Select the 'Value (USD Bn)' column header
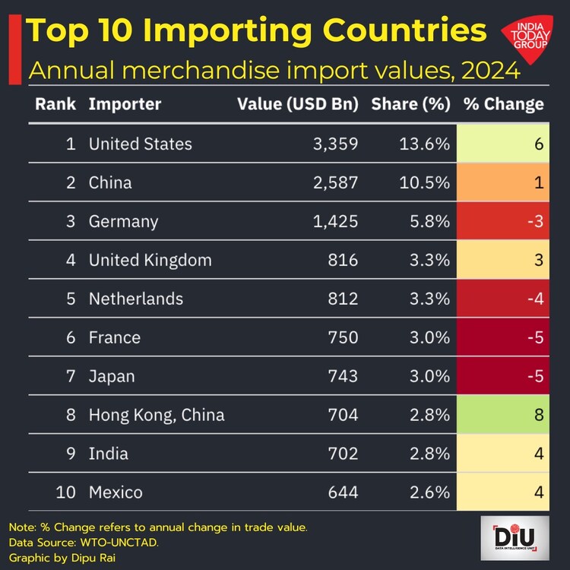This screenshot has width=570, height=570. [298, 104]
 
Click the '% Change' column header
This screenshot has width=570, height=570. [504, 104]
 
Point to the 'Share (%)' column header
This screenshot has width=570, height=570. [411, 104]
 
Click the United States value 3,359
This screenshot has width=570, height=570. [337, 144]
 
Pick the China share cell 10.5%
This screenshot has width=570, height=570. [426, 182]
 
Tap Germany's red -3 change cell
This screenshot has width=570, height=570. [505, 221]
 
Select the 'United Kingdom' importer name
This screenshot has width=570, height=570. [150, 260]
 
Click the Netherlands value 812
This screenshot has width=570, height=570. [343, 299]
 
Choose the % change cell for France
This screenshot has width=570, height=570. [505, 337]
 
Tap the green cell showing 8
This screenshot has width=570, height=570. [505, 415]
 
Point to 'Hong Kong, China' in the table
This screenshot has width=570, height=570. [157, 415]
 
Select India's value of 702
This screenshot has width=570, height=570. [343, 454]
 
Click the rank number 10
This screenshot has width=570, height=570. [67, 492]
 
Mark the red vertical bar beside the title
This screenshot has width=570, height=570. [13, 49]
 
